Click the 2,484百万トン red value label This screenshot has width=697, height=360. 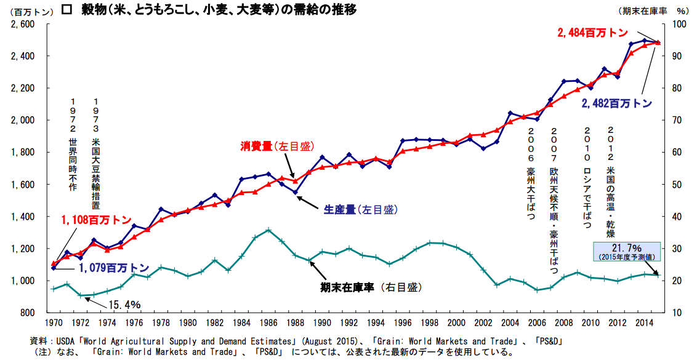tap(592, 33)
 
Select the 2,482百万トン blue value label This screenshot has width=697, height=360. tap(617, 103)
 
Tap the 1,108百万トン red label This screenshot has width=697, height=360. tap(97, 220)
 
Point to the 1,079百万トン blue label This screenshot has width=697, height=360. tap(114, 268)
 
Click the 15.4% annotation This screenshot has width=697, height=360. tap(124, 305)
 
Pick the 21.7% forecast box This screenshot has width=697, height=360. tap(626, 252)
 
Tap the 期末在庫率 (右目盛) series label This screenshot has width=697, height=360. tap(371, 287)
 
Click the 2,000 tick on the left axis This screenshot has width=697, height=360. tap(24, 121)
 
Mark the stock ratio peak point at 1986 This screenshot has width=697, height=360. tap(268, 230)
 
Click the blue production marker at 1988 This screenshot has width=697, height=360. tap(295, 193)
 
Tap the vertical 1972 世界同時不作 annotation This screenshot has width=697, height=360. tap(73, 145)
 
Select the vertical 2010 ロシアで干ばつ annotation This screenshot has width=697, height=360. tap(587, 178)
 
